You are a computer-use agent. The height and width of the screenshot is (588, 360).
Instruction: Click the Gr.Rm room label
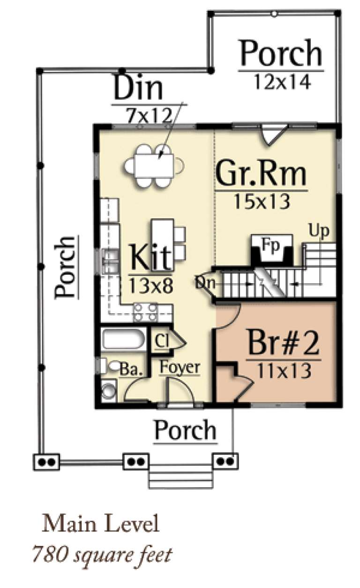[x=261, y=173]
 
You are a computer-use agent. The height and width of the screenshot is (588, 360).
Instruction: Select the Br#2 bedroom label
[x=283, y=345]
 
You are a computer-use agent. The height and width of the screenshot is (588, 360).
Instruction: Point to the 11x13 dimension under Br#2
[x=283, y=370]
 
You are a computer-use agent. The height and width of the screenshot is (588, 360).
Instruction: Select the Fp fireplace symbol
[x=272, y=249]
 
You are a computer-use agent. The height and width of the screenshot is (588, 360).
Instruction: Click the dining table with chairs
[x=153, y=165]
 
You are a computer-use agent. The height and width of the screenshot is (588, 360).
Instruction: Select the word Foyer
[x=180, y=367]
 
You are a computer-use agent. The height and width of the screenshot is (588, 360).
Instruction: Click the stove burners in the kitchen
[x=145, y=312]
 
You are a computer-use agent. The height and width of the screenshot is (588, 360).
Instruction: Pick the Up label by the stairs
[x=319, y=231]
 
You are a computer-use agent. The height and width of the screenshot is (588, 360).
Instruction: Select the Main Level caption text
[x=100, y=524]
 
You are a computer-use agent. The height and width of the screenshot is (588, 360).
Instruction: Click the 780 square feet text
[x=101, y=554]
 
